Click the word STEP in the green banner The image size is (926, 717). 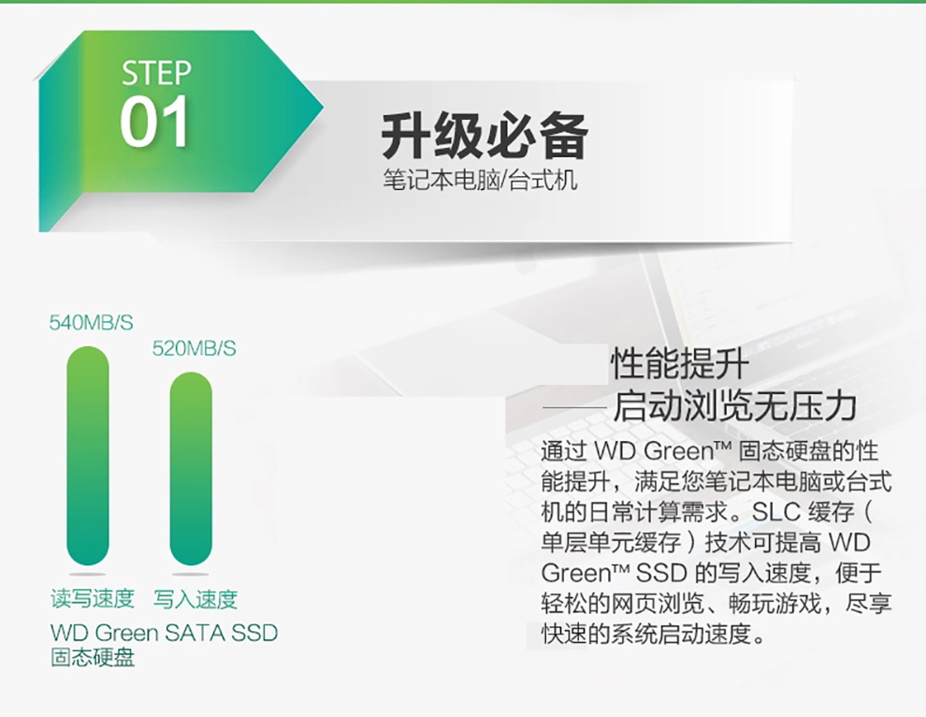[156, 73]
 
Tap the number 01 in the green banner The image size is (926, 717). [154, 122]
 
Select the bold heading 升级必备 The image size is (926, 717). [485, 136]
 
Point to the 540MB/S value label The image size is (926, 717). [91, 323]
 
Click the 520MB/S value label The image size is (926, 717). [195, 349]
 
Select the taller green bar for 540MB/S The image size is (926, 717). [88, 456]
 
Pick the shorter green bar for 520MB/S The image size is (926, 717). [191, 469]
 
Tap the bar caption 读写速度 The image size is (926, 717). [93, 599]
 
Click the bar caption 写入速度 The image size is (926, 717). [195, 599]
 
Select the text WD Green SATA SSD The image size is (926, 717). [165, 633]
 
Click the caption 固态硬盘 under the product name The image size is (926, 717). [93, 657]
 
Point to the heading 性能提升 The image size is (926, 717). [680, 363]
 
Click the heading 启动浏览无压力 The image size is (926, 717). [734, 406]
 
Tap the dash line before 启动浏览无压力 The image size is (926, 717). [574, 408]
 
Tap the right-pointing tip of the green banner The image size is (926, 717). [323, 108]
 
